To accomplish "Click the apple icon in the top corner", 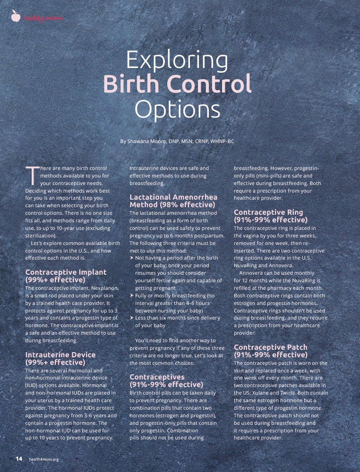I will (16, 17).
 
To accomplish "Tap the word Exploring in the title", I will (177, 60).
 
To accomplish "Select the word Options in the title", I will (178, 109).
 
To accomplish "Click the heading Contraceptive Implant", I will (66, 272).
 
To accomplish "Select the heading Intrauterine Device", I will (60, 354).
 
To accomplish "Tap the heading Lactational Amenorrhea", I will (173, 197).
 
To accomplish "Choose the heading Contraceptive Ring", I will (268, 212).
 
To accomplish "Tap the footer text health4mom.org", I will (44, 459).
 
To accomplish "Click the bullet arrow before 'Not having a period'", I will (132, 258).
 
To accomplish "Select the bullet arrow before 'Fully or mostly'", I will (132, 295).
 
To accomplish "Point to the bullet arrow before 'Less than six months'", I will (132, 318).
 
